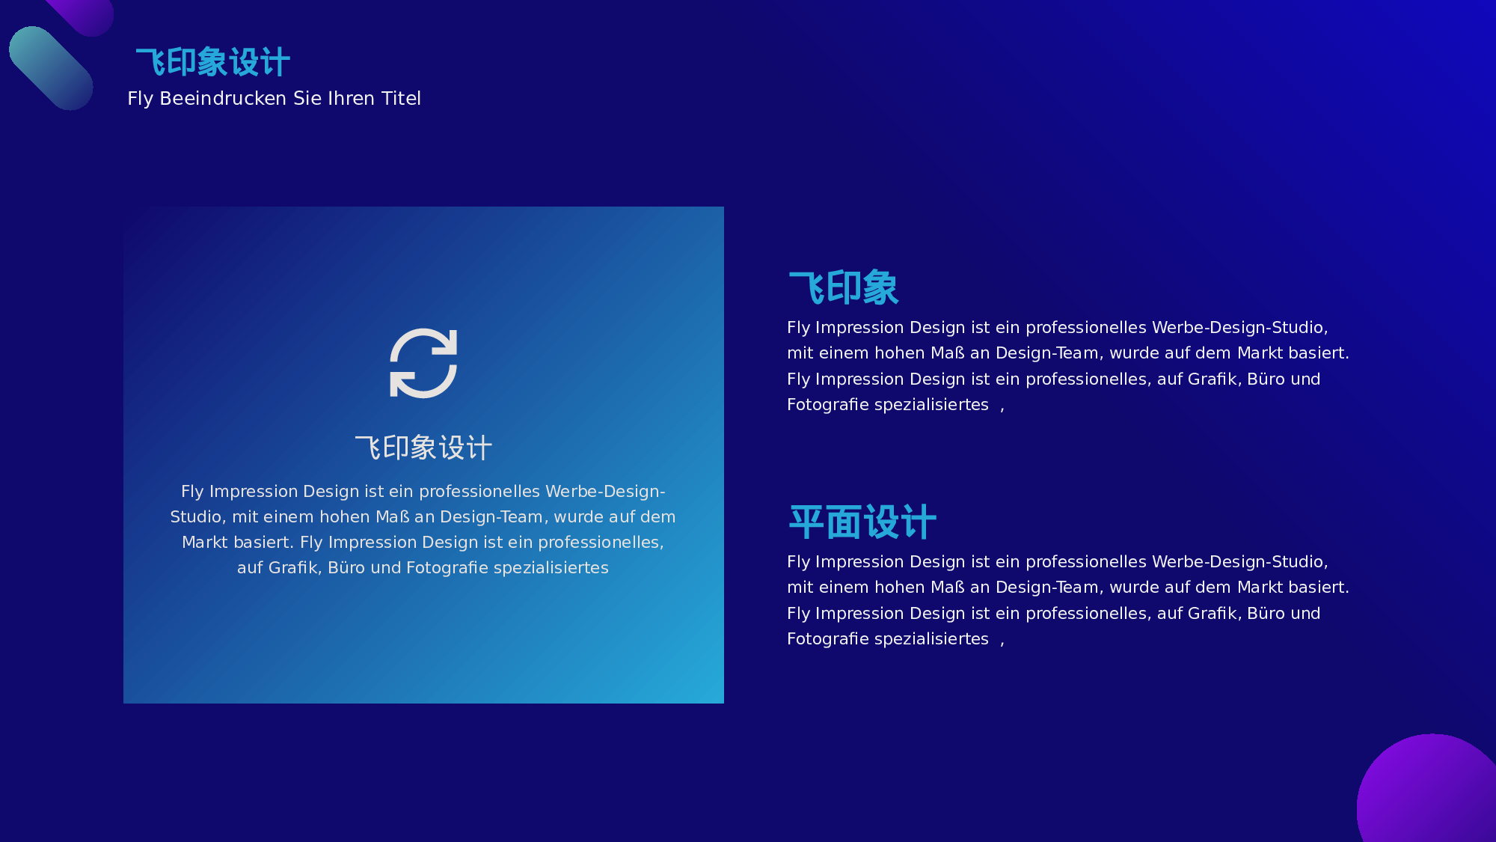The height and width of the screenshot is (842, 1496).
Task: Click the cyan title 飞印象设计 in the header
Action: pyautogui.click(x=213, y=62)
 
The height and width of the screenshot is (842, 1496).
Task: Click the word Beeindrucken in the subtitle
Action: pyautogui.click(x=224, y=98)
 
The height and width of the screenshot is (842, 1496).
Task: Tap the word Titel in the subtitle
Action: pyautogui.click(x=402, y=98)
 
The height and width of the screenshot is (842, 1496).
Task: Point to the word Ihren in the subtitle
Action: pyautogui.click(x=352, y=98)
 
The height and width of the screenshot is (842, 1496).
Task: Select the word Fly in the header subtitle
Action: pyautogui.click(x=141, y=99)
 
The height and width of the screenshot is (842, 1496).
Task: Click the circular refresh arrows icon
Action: pyautogui.click(x=423, y=363)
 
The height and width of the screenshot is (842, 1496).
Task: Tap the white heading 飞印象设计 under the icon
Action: pyautogui.click(x=423, y=448)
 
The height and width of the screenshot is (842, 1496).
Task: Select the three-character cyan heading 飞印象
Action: pyautogui.click(x=844, y=288)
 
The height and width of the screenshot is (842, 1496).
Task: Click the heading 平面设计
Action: pyautogui.click(x=862, y=522)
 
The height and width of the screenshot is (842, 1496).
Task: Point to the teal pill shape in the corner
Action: pyautogui.click(x=51, y=68)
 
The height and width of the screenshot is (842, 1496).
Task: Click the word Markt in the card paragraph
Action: pyautogui.click(x=204, y=542)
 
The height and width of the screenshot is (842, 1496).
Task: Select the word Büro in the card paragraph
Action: pyautogui.click(x=346, y=567)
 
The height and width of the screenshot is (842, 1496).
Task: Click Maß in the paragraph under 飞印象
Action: pyautogui.click(x=948, y=353)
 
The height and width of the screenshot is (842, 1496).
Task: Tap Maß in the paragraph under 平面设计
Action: pyautogui.click(x=948, y=587)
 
